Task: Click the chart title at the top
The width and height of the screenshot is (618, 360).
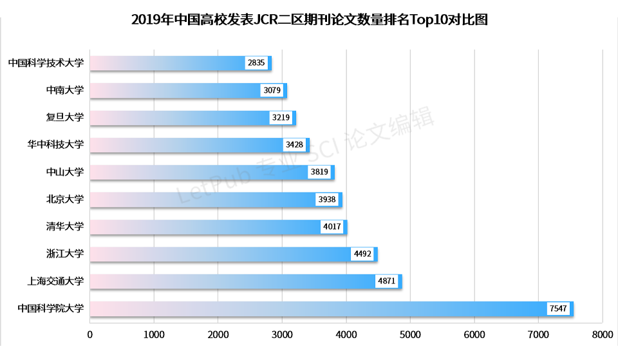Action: (x=310, y=20)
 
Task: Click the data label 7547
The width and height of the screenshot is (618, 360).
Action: (x=557, y=309)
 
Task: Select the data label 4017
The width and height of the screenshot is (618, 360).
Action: (x=332, y=227)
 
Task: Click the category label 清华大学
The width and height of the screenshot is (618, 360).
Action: (x=65, y=227)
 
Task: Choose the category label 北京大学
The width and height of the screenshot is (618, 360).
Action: (x=65, y=200)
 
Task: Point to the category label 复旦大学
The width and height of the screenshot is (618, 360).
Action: (x=65, y=118)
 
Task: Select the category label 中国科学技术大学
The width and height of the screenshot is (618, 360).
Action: (x=46, y=63)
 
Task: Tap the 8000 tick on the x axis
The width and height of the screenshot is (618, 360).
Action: (x=602, y=335)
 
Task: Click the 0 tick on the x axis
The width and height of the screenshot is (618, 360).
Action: (x=89, y=335)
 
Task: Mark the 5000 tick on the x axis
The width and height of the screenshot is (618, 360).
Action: (x=410, y=335)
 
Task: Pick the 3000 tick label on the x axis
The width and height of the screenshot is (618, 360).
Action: (x=282, y=335)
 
